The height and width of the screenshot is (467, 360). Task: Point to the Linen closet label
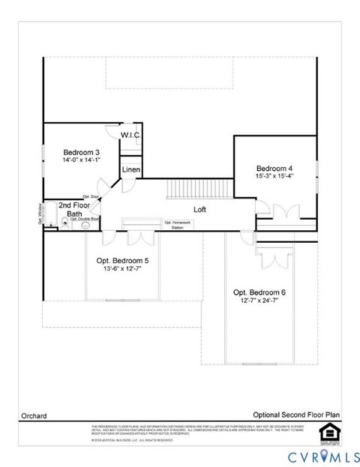point(130,169)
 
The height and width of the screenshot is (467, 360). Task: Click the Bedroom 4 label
point(274,168)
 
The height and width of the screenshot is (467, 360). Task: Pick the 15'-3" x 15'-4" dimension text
point(274,176)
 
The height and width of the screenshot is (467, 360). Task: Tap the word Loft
point(200,210)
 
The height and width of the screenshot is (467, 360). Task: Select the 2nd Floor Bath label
point(75,209)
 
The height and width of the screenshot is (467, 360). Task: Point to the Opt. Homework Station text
point(178,225)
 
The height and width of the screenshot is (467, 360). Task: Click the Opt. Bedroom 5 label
point(122,260)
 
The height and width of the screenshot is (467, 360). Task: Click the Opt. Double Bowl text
point(85,219)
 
